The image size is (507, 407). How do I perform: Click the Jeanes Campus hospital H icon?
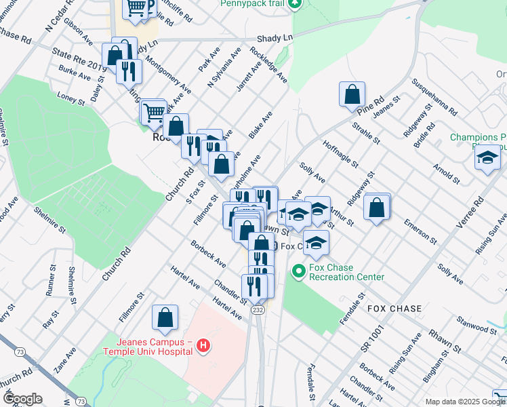[x=202, y=347]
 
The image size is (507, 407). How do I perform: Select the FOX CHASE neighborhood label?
[x=394, y=309]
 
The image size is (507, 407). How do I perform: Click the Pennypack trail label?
[x=251, y=3]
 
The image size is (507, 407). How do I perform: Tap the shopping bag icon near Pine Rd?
[x=352, y=94]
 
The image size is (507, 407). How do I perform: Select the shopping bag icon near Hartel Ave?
[x=165, y=317]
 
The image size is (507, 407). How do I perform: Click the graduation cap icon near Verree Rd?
[x=487, y=158]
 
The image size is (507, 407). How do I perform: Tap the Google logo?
[x=22, y=399]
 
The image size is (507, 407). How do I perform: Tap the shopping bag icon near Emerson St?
[x=377, y=207]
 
